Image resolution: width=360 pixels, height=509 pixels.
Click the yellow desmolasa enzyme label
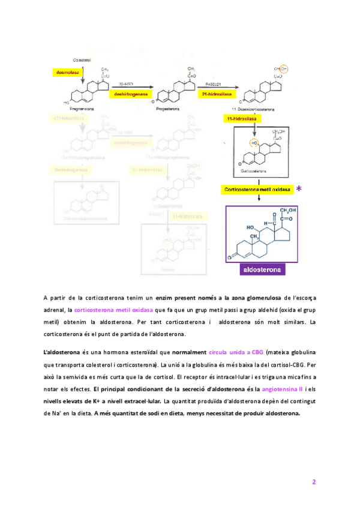(66, 72)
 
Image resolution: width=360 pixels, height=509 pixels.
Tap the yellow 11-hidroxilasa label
(241, 120)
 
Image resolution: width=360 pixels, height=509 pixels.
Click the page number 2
(313, 482)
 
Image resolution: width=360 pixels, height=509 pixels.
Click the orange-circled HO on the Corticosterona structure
(254, 145)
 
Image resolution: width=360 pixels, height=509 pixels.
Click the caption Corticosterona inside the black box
(253, 171)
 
